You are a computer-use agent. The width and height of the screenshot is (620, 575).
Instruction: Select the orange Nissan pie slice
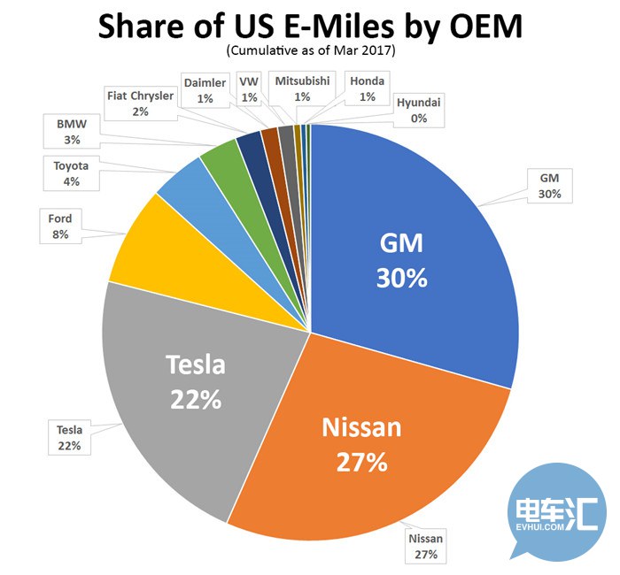point(372,451)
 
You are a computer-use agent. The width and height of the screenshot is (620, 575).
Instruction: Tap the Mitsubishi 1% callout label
point(302,89)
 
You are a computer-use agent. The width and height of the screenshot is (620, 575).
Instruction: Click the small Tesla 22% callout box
point(69,438)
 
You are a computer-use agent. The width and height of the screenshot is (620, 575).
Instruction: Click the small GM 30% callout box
point(550,185)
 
